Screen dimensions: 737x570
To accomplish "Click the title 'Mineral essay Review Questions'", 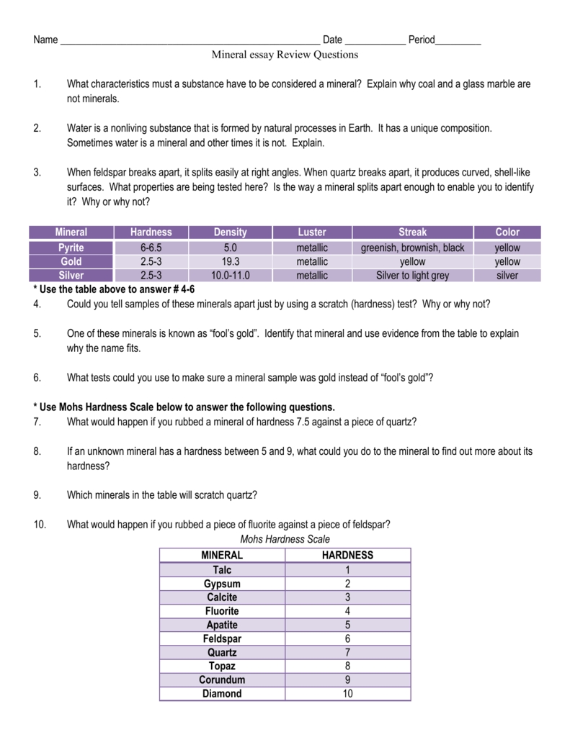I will (x=285, y=55).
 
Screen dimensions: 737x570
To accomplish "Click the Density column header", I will (x=230, y=232).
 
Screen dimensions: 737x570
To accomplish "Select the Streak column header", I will (x=412, y=232).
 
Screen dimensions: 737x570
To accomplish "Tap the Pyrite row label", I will (x=71, y=248).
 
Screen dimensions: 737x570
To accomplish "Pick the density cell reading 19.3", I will (x=230, y=261).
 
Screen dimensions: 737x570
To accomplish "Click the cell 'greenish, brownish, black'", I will (x=412, y=248).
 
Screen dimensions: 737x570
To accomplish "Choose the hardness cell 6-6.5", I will (x=151, y=248).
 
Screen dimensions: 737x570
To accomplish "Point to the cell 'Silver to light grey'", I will (x=412, y=275).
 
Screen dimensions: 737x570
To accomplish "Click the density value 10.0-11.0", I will (x=230, y=275).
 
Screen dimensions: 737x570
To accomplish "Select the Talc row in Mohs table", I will (x=222, y=569).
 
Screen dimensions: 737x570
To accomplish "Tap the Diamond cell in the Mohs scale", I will (x=222, y=694).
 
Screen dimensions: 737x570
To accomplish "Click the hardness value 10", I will (x=347, y=694).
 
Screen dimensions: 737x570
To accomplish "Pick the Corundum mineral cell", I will (x=222, y=679).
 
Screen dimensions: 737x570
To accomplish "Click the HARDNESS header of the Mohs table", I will (x=347, y=555).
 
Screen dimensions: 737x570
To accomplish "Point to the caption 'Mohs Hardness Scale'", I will (x=285, y=539).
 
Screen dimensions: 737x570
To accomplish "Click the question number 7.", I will (x=37, y=422).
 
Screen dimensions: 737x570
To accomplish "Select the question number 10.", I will (x=40, y=524).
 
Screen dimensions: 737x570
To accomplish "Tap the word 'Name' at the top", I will (x=45, y=40).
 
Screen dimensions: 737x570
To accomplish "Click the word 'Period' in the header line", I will (x=422, y=40).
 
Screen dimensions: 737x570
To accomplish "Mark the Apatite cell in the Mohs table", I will (x=222, y=625).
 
